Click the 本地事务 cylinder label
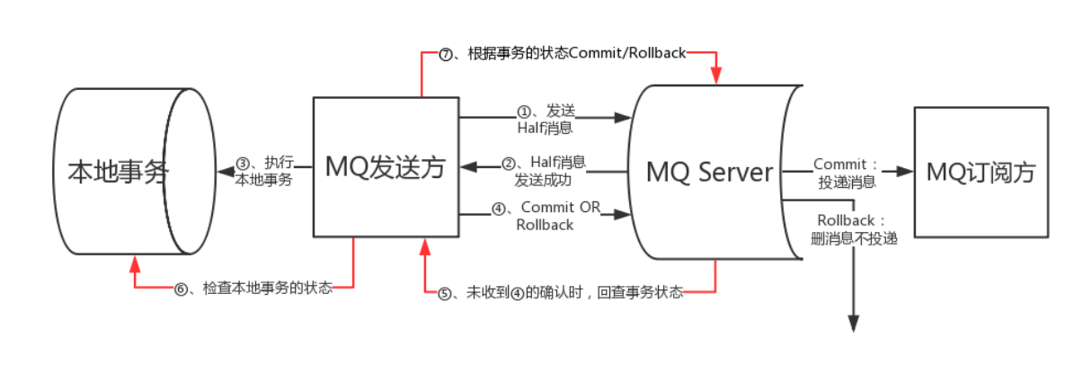coord(118,172)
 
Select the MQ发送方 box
coord(385,167)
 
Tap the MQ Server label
coord(709,172)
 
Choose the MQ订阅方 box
coord(981,172)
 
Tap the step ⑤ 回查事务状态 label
coord(561,292)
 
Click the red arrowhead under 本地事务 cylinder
coord(135,263)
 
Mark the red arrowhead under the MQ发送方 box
coord(423,245)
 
